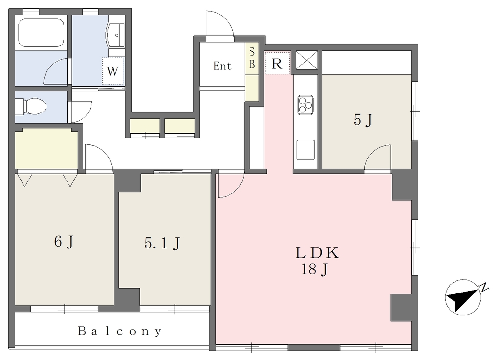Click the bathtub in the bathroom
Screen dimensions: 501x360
[41, 32]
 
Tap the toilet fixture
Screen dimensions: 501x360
[31, 106]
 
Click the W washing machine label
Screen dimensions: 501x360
[113, 71]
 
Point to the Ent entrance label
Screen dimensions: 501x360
[223, 66]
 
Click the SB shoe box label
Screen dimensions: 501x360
[252, 58]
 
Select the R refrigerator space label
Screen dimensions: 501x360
[277, 64]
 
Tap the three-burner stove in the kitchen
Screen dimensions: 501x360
[306, 105]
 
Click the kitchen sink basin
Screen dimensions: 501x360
[306, 150]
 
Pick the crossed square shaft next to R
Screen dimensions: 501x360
[306, 60]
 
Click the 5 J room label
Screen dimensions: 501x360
[363, 120]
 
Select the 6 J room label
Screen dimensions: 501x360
[64, 242]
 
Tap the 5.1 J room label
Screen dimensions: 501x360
[162, 244]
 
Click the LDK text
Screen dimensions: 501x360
[317, 253]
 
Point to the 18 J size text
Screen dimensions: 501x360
[315, 270]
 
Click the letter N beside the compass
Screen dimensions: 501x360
[485, 287]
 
